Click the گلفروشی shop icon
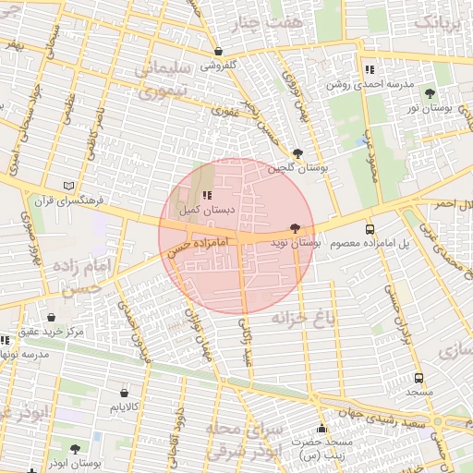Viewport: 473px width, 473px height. pos(218,52)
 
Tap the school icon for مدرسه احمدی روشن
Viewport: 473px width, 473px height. pos(370,69)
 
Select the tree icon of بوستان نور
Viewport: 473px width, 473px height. pos(430,92)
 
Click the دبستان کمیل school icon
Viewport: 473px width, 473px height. pos(206,195)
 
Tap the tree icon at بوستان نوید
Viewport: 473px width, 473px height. pos(295,227)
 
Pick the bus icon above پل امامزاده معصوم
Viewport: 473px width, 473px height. pos(370,229)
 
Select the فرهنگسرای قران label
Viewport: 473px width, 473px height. pos(71,200)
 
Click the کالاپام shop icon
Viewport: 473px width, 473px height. pos(124,392)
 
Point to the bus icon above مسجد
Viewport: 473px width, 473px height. pos(419,378)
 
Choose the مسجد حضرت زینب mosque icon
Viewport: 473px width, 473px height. pos(321,429)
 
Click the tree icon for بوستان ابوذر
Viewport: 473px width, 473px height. pos(75,448)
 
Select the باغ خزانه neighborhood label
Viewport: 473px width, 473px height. pos(301,320)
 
